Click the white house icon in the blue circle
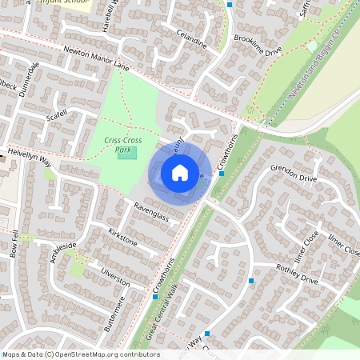point(180,172)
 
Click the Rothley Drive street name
point(297,274)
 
